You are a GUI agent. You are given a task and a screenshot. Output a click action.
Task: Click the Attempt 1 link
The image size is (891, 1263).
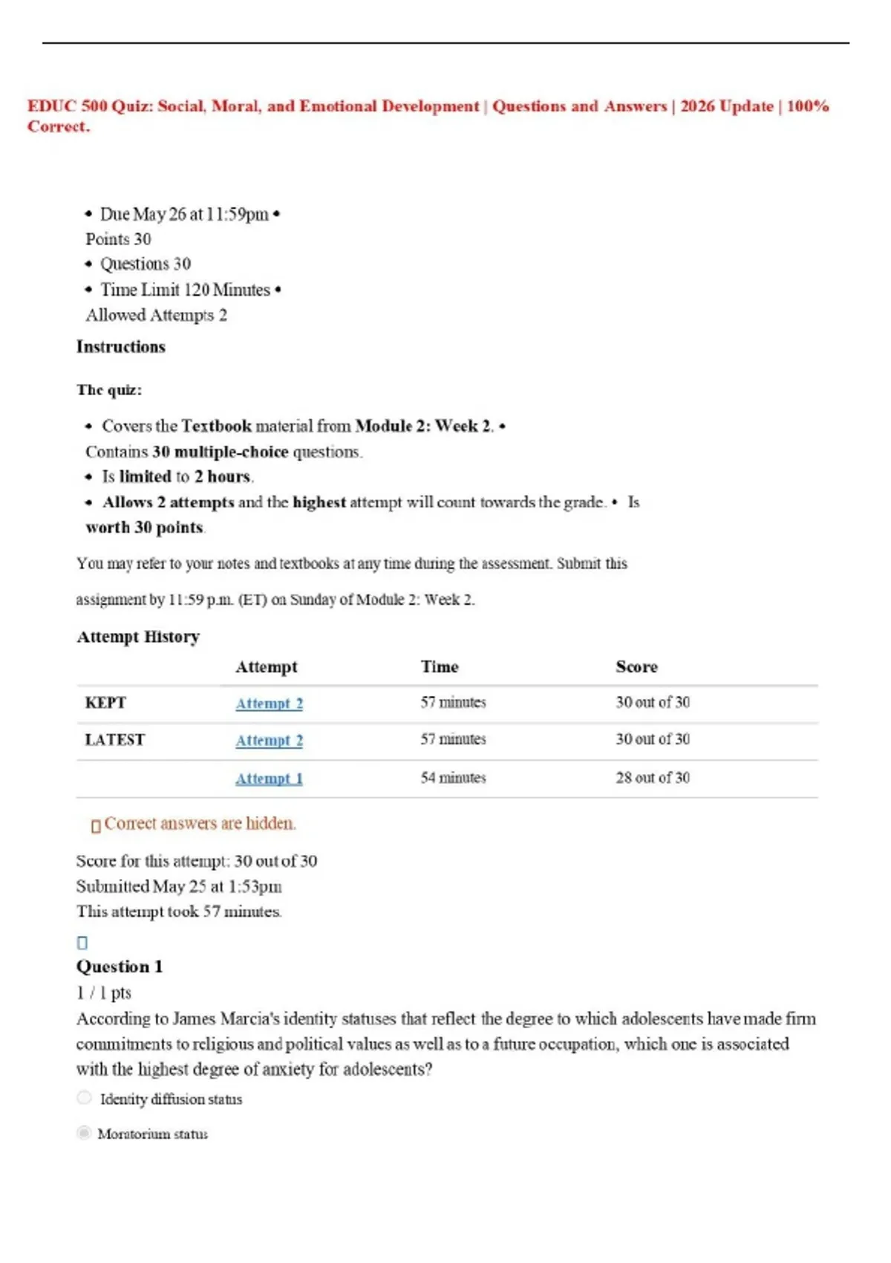click(269, 779)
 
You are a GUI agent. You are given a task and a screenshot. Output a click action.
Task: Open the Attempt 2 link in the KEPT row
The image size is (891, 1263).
click(269, 703)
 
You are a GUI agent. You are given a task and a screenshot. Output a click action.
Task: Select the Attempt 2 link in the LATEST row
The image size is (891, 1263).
click(269, 740)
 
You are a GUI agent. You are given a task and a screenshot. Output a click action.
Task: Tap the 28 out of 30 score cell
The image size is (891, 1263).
click(652, 778)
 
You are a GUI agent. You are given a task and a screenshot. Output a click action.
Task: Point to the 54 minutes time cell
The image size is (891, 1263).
click(453, 778)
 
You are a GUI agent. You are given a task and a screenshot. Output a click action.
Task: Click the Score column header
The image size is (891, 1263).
click(636, 666)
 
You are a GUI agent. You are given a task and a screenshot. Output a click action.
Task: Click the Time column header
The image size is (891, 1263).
click(440, 666)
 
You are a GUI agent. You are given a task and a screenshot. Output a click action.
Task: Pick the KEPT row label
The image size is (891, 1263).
click(105, 703)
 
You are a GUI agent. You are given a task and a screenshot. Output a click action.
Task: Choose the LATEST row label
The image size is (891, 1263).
click(114, 740)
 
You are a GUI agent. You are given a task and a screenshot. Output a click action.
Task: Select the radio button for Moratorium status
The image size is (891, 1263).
click(85, 1133)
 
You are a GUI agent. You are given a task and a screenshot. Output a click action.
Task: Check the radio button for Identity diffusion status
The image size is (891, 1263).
click(85, 1098)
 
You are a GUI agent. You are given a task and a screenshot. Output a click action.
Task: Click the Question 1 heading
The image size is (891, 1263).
click(119, 967)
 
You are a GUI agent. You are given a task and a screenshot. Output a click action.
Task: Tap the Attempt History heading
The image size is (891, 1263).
click(138, 637)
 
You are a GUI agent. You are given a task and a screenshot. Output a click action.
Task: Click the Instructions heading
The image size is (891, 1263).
click(120, 347)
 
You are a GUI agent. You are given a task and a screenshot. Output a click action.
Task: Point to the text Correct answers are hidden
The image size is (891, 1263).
click(200, 823)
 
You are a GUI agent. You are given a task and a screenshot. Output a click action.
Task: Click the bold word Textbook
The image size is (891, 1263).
click(216, 426)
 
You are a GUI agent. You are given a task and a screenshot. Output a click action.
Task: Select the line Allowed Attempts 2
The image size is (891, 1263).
click(156, 315)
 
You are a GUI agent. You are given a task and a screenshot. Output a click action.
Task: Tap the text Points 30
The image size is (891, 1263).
click(118, 239)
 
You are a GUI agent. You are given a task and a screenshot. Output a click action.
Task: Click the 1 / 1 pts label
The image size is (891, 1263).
click(103, 993)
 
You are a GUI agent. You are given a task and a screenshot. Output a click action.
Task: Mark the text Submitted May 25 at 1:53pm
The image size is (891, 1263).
click(179, 886)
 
